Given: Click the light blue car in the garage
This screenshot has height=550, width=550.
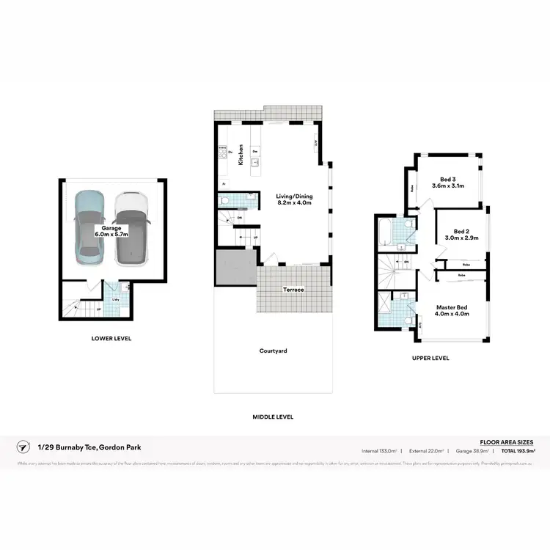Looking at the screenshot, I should click(90, 227).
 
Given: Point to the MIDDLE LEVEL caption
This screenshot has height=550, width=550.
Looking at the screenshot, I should click(273, 417).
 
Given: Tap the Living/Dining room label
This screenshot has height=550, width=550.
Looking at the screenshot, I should click(293, 200).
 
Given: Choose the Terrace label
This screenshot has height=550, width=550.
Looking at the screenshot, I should click(294, 290).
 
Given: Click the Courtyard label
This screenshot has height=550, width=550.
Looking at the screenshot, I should click(273, 351).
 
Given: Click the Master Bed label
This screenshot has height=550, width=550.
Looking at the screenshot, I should click(452, 309).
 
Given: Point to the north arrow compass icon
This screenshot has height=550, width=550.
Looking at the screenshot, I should click(24, 447).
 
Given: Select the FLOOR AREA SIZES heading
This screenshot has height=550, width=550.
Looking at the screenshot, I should click(507, 442).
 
